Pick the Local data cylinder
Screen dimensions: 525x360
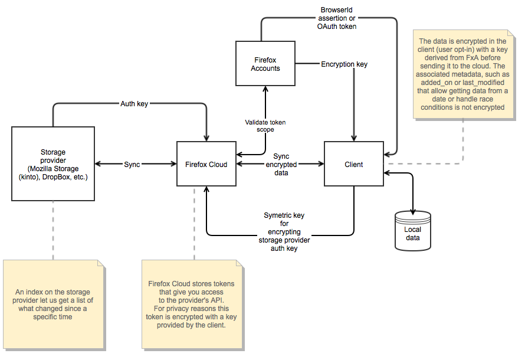click(413, 231)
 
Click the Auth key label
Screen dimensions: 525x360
click(134, 104)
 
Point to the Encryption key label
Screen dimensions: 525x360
click(344, 64)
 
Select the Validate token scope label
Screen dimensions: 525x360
click(265, 126)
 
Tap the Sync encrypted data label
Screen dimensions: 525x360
click(281, 165)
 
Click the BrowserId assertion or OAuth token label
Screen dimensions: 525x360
click(337, 18)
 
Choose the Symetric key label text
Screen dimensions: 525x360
click(284, 232)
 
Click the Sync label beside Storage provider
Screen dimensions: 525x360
click(132, 165)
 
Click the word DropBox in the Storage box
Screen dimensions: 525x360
click(55, 177)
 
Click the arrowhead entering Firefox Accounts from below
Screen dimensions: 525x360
click(265, 89)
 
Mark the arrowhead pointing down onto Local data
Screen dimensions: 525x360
click(413, 212)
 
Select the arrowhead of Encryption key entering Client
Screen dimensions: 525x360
click(354, 138)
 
